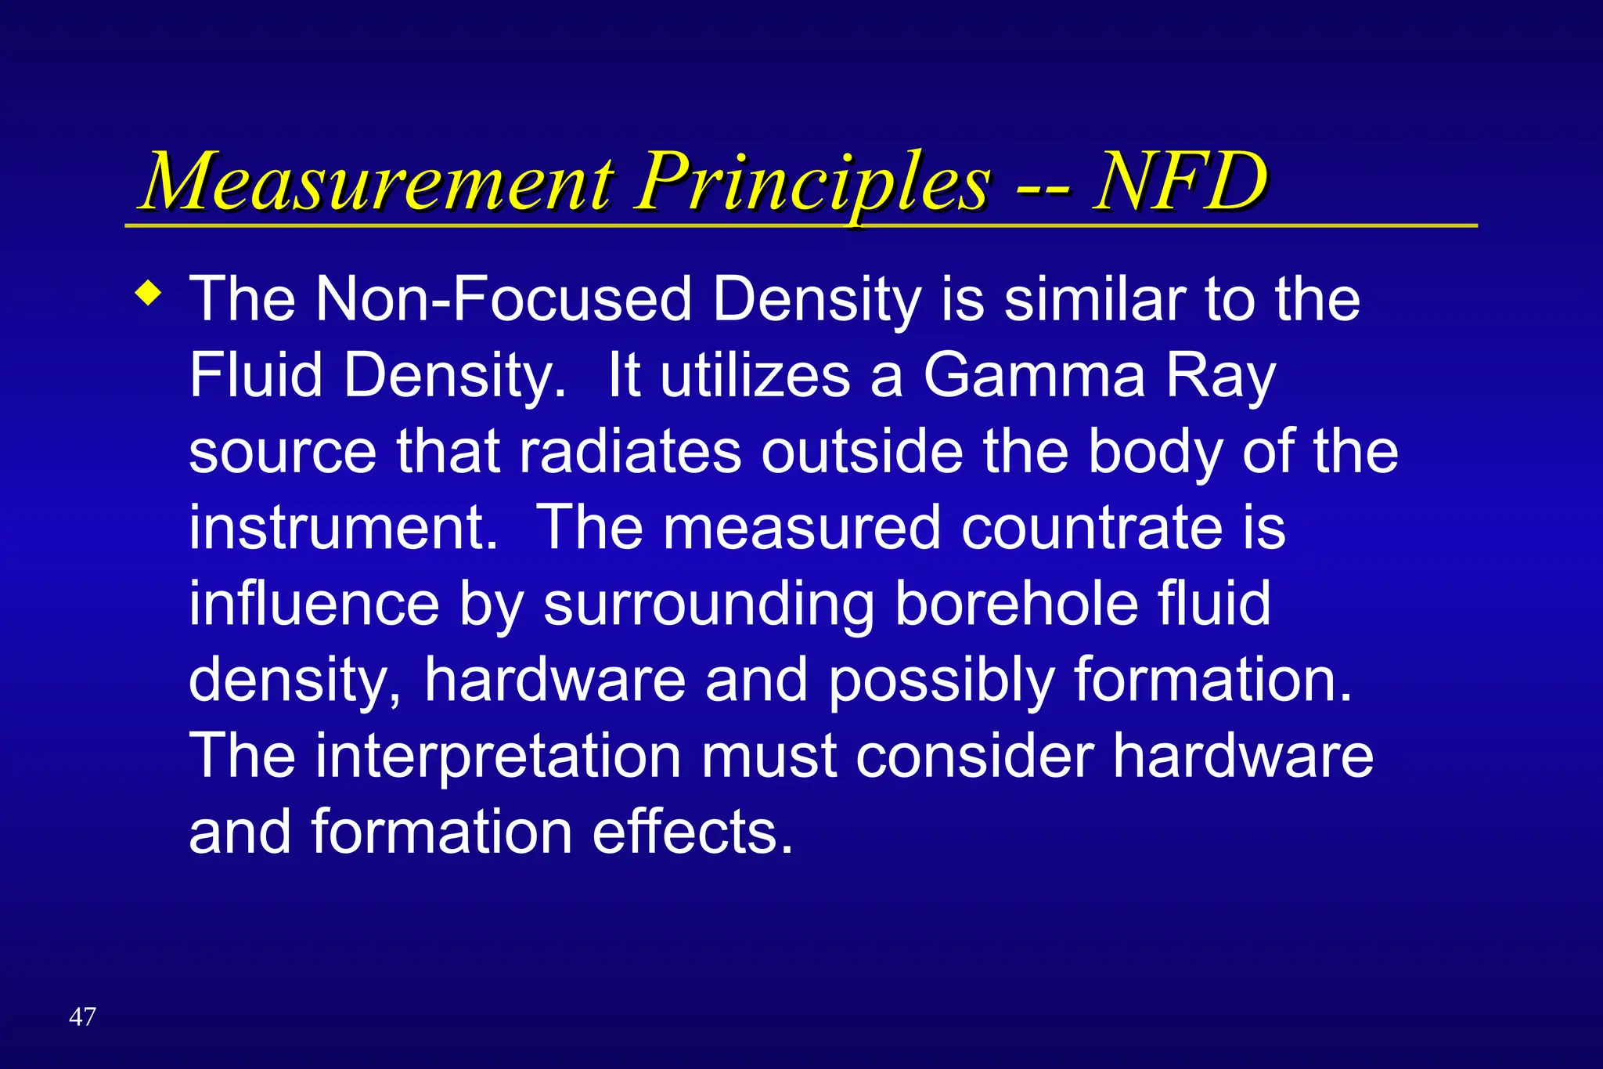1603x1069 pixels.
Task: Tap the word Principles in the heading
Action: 812,184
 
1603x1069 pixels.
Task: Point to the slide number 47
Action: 82,1017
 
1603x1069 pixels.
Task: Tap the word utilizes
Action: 755,375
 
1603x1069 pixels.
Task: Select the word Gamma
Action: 1034,375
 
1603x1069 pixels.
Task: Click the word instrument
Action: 343,527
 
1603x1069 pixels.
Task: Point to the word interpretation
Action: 499,757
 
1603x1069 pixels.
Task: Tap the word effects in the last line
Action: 693,831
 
